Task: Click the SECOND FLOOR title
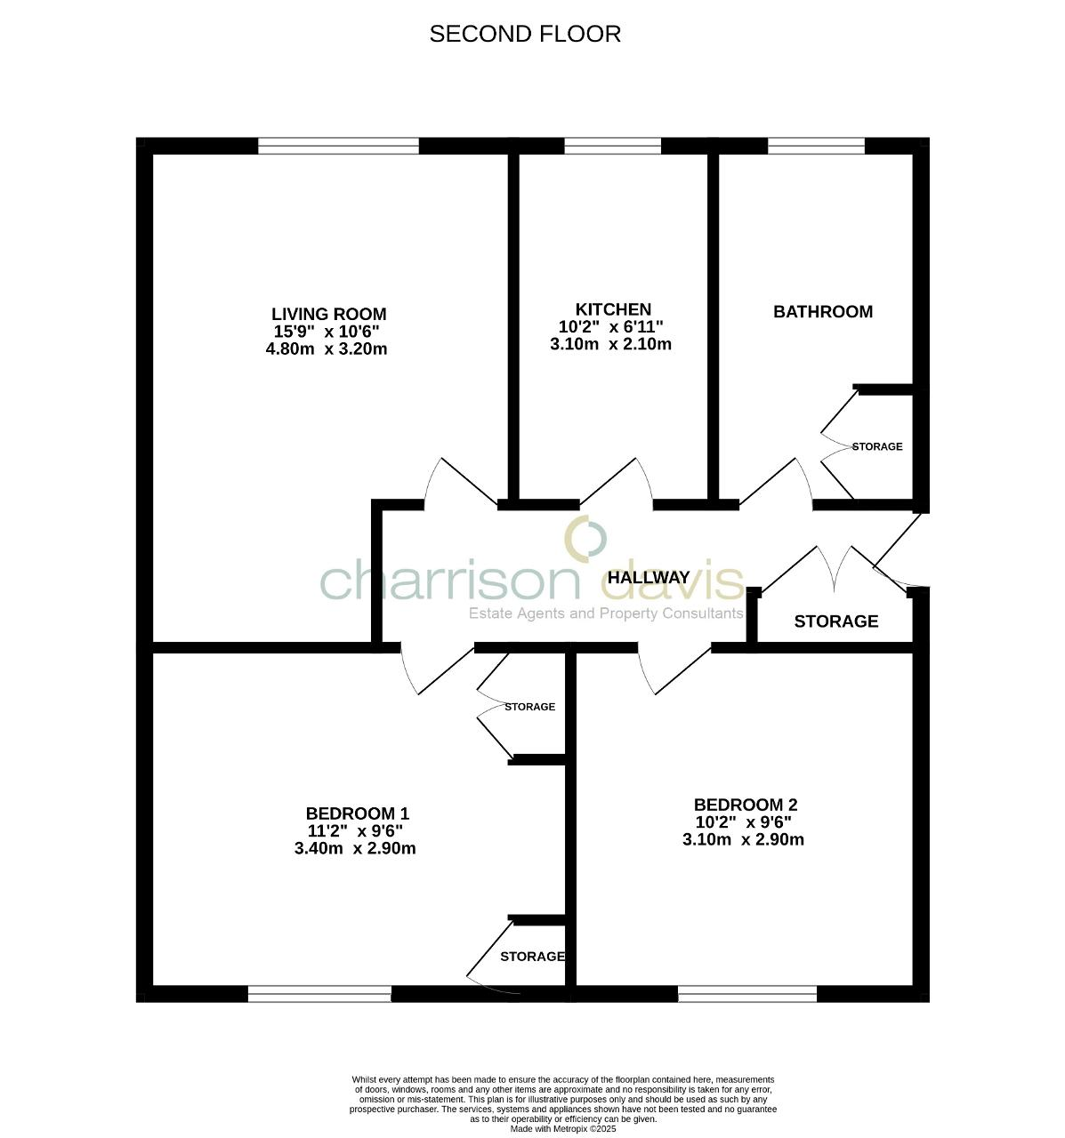[x=525, y=34]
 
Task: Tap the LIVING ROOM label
[x=328, y=314]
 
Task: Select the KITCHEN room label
[x=612, y=309]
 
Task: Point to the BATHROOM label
[x=822, y=311]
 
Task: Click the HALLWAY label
[x=648, y=577]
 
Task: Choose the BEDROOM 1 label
[x=357, y=813]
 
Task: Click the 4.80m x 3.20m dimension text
[x=327, y=349]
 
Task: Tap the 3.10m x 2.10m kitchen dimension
[x=610, y=344]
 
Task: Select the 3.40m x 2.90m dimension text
[x=355, y=848]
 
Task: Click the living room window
[x=338, y=146]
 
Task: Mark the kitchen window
[x=612, y=146]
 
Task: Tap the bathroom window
[x=816, y=146]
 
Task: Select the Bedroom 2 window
[x=747, y=994]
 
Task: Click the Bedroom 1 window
[x=319, y=994]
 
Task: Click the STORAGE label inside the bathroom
[x=877, y=446]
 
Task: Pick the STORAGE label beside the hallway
[x=835, y=621]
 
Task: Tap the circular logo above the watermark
[x=586, y=538]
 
